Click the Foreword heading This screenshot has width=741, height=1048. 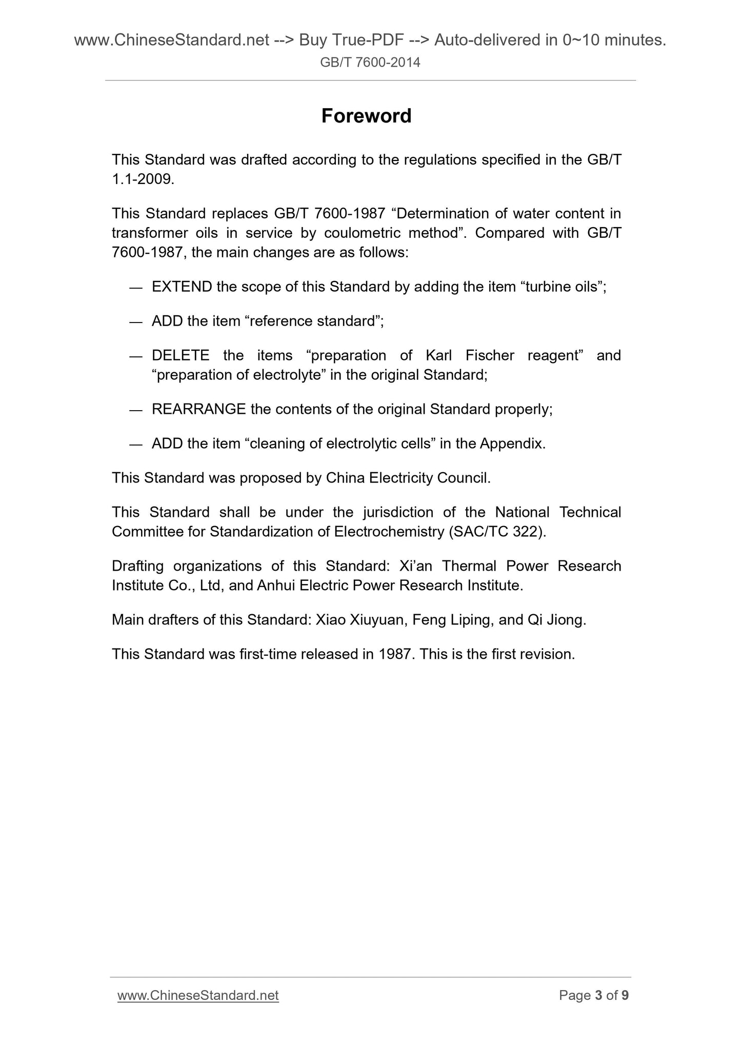pyautogui.click(x=366, y=116)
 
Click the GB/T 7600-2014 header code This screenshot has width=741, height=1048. pyautogui.click(x=370, y=63)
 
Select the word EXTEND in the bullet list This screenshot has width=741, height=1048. pyautogui.click(x=182, y=287)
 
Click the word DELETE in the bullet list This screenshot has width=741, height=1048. pyautogui.click(x=181, y=355)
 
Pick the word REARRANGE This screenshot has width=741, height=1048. pyautogui.click(x=198, y=409)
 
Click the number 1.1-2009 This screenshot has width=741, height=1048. pyautogui.click(x=143, y=179)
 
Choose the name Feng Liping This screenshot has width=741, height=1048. pyautogui.click(x=451, y=620)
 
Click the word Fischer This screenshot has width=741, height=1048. pyautogui.click(x=490, y=355)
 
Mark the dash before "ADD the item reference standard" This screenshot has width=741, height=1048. pyautogui.click(x=135, y=321)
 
